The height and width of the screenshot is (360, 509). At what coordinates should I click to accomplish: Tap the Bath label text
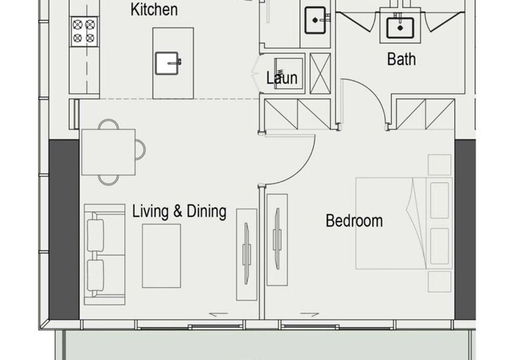402,59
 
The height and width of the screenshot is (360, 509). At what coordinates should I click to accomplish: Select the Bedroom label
354,221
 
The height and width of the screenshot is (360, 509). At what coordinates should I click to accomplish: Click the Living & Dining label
179,212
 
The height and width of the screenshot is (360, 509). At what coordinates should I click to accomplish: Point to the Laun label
282,78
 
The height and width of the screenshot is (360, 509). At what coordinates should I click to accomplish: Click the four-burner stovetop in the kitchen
84,31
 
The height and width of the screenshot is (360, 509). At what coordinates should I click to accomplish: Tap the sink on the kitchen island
168,63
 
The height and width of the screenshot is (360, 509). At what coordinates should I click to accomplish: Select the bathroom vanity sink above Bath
400,28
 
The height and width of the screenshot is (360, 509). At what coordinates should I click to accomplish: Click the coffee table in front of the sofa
161,256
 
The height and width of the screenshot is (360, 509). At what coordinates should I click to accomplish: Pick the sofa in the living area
104,254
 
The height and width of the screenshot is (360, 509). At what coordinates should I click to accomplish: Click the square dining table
109,152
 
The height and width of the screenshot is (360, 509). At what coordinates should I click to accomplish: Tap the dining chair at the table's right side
140,149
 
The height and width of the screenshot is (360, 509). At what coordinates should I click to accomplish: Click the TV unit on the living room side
246,254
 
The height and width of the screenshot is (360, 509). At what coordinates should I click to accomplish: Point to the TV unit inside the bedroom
277,240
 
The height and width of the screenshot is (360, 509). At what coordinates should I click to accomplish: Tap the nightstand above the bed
439,165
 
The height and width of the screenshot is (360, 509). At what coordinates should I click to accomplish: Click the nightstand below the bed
439,281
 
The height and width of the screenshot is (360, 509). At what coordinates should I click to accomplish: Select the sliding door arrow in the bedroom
310,315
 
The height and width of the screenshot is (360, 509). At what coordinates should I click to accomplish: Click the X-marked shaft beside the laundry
320,73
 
